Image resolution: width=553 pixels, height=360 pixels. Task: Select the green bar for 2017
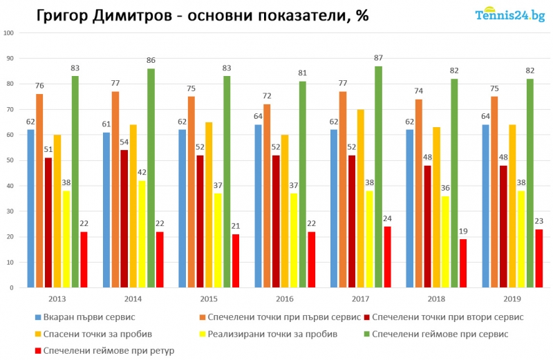(378, 176)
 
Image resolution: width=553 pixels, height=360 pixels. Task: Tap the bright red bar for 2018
(463, 263)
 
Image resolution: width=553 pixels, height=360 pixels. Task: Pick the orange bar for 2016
(268, 196)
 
